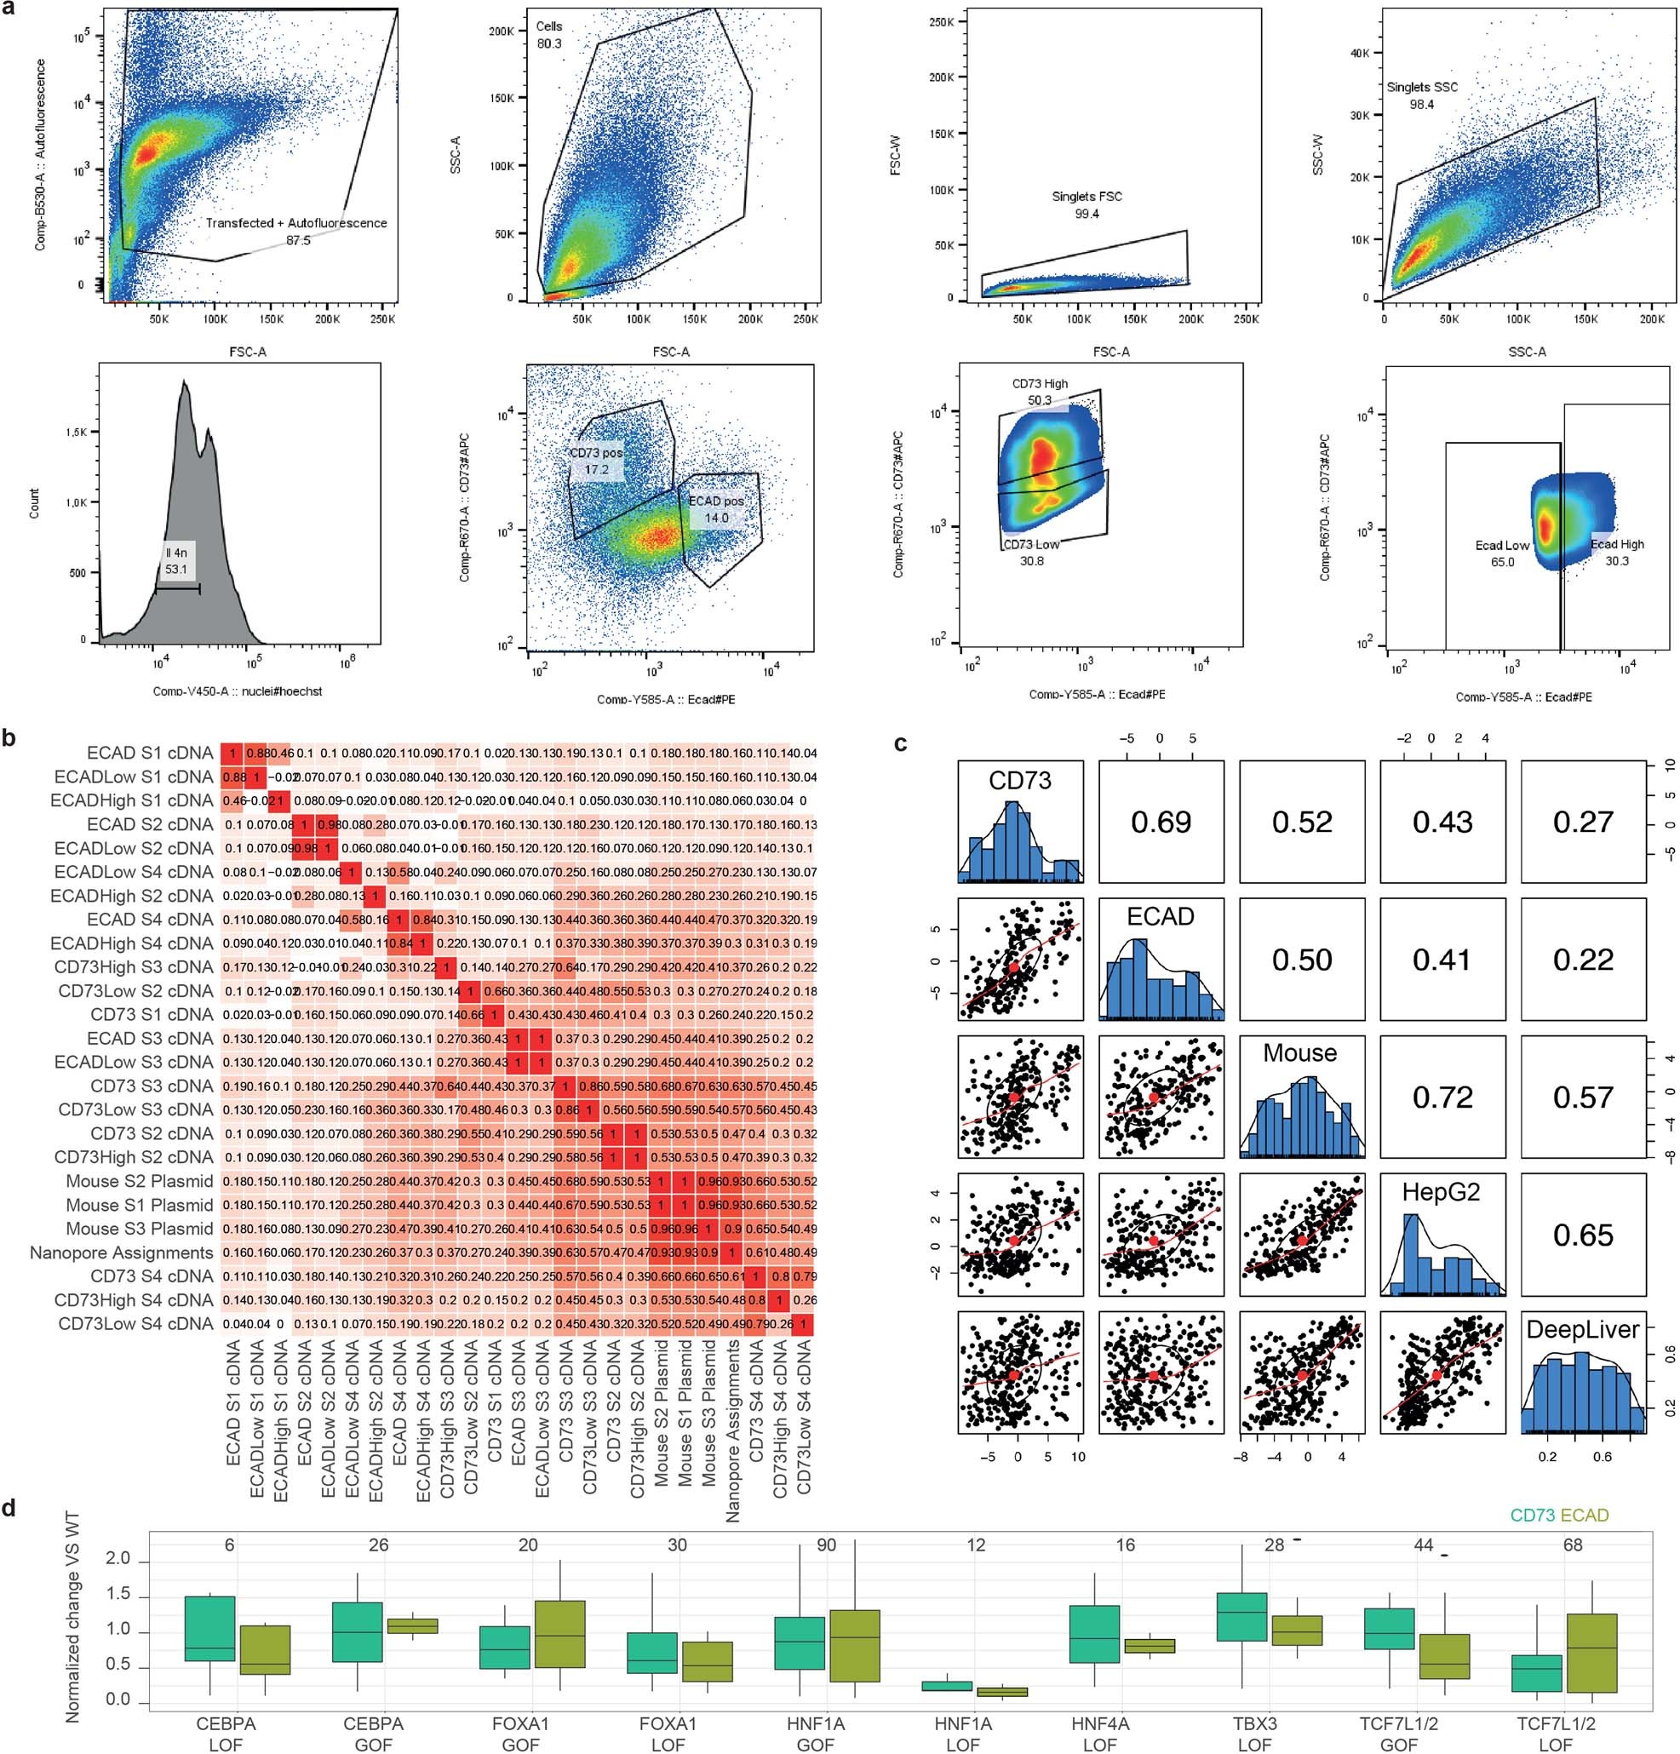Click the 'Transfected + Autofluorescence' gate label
pos(295,223)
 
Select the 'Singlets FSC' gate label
pos(1087,196)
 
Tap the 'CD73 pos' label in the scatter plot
pos(596,453)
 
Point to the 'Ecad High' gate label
pos(1616,543)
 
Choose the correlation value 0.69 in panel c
pos(1161,823)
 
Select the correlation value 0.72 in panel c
pos(1442,1098)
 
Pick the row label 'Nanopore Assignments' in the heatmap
pos(122,1252)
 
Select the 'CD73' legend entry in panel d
pos(1533,1515)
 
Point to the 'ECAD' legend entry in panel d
pos(1585,1515)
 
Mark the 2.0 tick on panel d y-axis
pos(118,1560)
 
